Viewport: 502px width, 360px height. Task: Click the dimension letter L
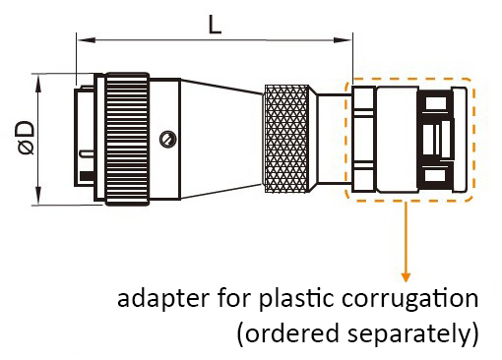click(215, 24)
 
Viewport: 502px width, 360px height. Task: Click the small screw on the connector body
click(168, 138)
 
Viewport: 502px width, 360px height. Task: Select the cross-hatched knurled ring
click(284, 138)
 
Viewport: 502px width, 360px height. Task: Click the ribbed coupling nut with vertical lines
click(129, 138)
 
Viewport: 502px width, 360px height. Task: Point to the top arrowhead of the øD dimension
click(38, 78)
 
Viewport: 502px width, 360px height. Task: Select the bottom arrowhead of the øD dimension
click(38, 200)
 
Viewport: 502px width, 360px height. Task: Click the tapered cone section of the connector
click(221, 138)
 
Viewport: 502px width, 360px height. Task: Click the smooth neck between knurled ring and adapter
click(329, 138)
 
